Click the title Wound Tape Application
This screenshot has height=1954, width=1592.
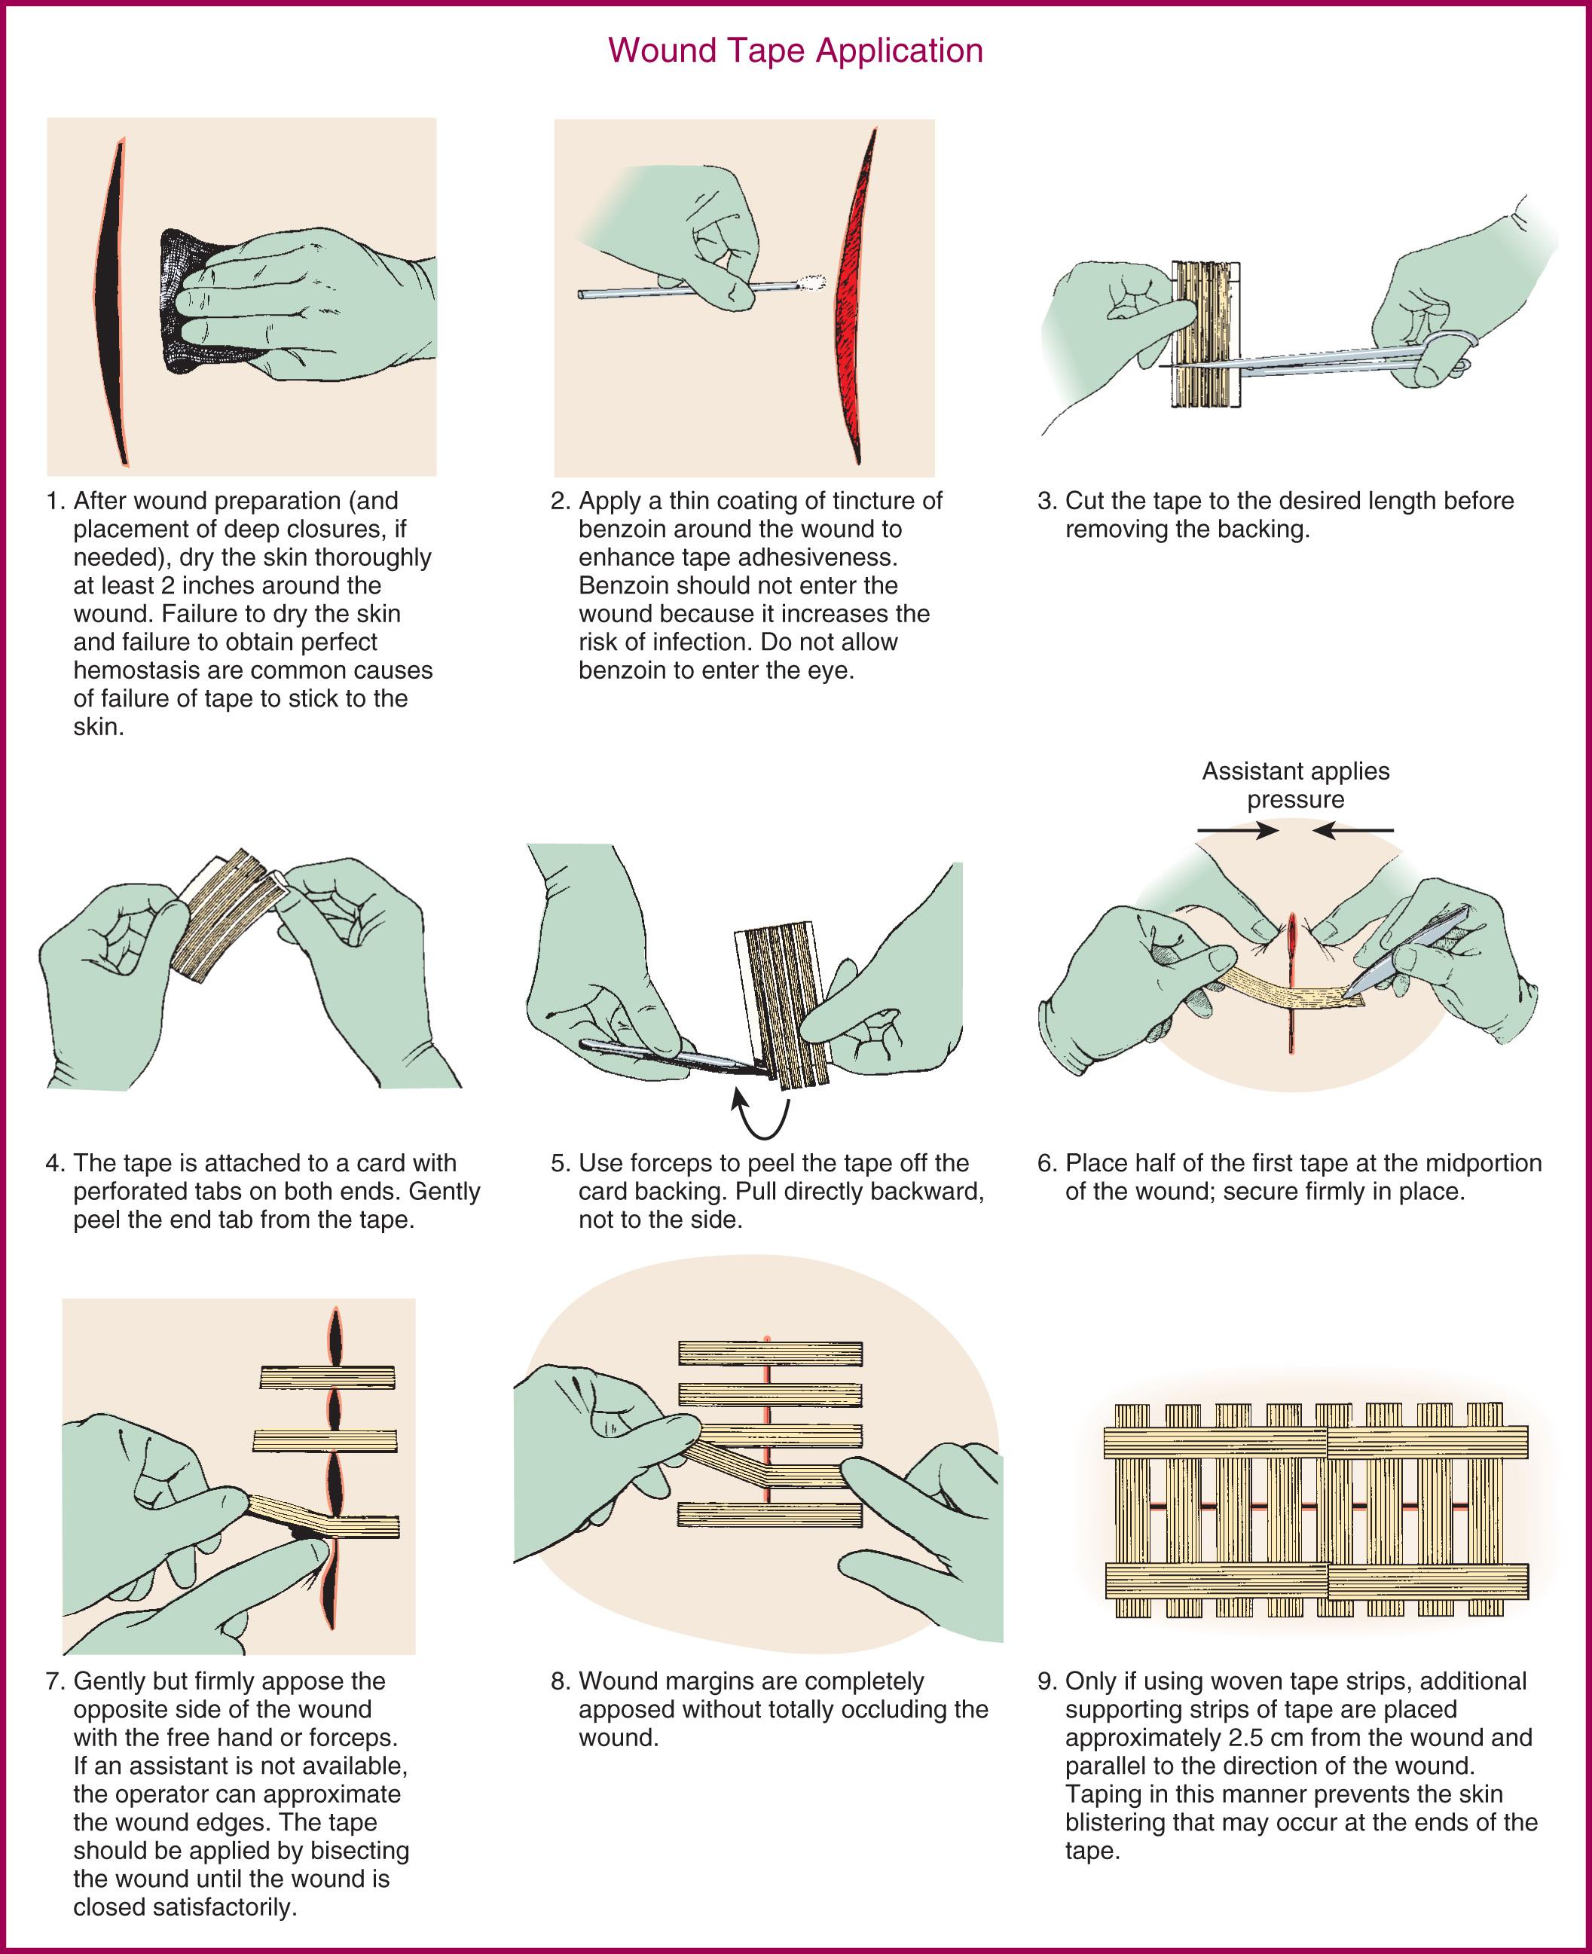point(795,50)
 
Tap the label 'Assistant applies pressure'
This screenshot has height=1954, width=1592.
point(1295,785)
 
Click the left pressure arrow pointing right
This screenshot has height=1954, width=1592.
point(1238,831)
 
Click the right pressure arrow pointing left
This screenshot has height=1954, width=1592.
point(1352,831)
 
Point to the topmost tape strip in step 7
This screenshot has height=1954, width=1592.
point(328,1377)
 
